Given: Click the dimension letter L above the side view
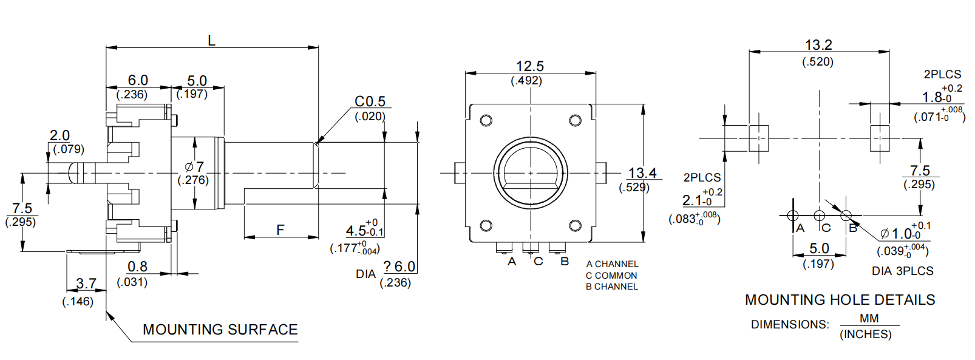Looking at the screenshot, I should click(211, 41).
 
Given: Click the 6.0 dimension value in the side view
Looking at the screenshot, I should click(138, 80).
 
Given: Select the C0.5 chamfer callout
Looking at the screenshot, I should click(370, 101).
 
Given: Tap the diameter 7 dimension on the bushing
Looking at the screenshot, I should click(195, 166).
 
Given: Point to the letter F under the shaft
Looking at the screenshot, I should click(280, 229).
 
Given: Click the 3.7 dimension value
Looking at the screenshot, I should click(86, 284).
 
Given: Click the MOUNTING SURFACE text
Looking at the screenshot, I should click(220, 330).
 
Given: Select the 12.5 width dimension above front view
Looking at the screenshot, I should click(529, 66).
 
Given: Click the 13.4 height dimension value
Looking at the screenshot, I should click(642, 173).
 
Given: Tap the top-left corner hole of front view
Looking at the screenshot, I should click(486, 120).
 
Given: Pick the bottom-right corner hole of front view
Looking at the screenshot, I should click(575, 226).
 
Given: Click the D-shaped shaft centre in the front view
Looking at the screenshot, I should click(530, 173).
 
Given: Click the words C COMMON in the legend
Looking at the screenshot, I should click(611, 275).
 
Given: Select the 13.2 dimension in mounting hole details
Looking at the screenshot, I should click(818, 45).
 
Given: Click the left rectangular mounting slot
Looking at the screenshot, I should click(758, 138).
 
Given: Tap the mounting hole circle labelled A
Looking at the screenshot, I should click(792, 216).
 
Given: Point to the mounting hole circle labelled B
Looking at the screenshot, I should click(846, 216).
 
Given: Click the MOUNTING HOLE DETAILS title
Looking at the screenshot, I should click(840, 300).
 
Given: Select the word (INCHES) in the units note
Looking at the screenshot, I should click(865, 335).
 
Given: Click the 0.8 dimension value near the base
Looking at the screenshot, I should click(137, 267).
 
